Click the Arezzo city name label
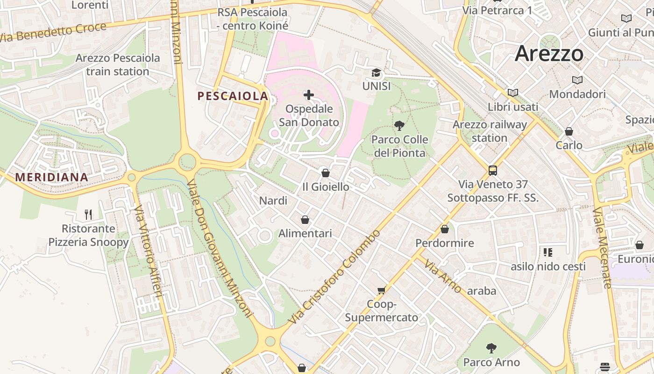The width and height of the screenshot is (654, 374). pyautogui.click(x=549, y=54)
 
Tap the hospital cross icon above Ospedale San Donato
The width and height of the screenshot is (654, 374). pyautogui.click(x=309, y=95)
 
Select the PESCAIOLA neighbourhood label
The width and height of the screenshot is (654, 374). pyautogui.click(x=233, y=96)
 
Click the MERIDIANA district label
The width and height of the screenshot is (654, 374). pyautogui.click(x=51, y=178)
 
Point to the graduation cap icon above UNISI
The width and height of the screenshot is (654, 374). pyautogui.click(x=376, y=73)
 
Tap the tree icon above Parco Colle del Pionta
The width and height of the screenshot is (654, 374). pyautogui.click(x=399, y=125)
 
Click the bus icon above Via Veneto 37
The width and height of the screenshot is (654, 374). pyautogui.click(x=493, y=170)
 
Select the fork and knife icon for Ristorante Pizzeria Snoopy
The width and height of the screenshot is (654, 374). pyautogui.click(x=88, y=215)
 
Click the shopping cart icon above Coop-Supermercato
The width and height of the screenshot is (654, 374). pyautogui.click(x=382, y=291)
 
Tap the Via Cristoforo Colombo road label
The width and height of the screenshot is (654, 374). pyautogui.click(x=334, y=278)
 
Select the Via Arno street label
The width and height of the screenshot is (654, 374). pyautogui.click(x=443, y=276)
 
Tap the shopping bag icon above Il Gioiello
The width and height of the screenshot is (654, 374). pyautogui.click(x=326, y=173)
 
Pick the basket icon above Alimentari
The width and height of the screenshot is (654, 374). pyautogui.click(x=305, y=219)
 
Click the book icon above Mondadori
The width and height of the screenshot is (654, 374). pyautogui.click(x=577, y=80)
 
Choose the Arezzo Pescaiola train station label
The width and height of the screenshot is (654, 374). pyautogui.click(x=118, y=65)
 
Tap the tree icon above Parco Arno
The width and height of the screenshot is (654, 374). pyautogui.click(x=491, y=348)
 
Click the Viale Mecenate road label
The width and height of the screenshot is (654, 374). pyautogui.click(x=602, y=248)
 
